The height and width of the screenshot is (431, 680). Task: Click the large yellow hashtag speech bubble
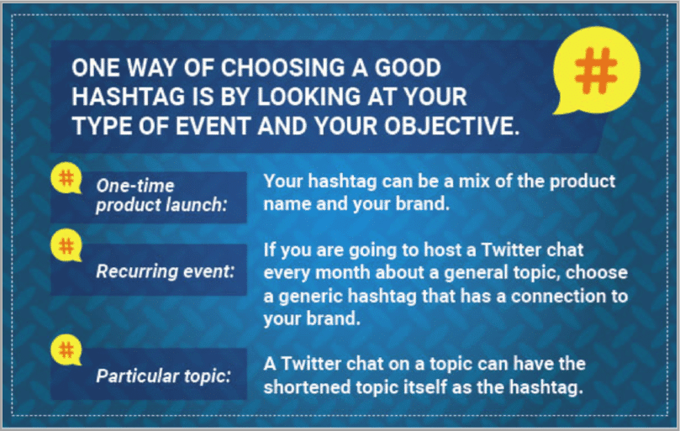pyautogui.click(x=596, y=74)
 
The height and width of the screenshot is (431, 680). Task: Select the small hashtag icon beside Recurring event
pyautogui.click(x=65, y=244)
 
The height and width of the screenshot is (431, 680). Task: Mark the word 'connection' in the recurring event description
pyautogui.click(x=545, y=297)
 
